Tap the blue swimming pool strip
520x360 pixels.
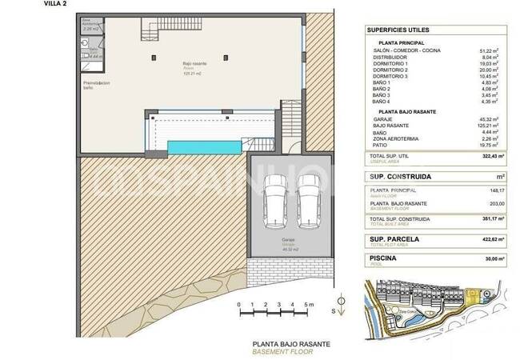pos(203,148)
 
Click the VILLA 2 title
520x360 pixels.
pos(11,4)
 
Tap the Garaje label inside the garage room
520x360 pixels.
pos(288,239)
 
